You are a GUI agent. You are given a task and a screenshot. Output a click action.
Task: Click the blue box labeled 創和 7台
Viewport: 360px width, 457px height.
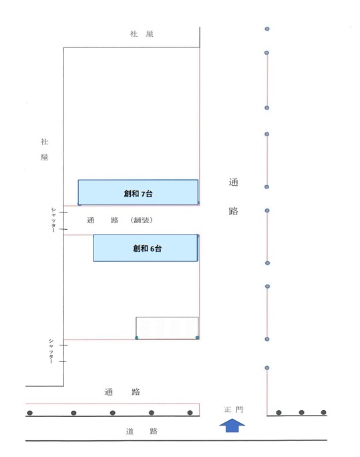(x=138, y=192)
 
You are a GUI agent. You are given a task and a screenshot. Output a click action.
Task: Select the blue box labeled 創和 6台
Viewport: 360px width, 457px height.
(x=146, y=248)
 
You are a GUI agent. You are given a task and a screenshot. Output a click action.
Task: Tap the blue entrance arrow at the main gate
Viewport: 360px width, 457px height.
(x=232, y=426)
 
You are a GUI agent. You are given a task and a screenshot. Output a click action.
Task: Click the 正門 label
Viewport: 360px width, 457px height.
(x=233, y=410)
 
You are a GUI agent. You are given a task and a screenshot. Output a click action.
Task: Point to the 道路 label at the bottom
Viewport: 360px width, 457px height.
(x=142, y=431)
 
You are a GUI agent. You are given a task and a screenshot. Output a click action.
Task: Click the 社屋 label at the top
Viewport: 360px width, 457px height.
(x=142, y=34)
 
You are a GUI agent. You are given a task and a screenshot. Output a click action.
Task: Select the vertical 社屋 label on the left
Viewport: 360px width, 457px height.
(x=44, y=150)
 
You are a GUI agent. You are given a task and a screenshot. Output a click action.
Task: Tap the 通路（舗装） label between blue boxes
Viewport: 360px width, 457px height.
(x=120, y=220)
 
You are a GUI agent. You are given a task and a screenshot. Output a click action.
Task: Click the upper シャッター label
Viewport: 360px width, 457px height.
(x=53, y=220)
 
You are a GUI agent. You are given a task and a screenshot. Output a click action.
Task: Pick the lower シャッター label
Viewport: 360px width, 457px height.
(x=51, y=351)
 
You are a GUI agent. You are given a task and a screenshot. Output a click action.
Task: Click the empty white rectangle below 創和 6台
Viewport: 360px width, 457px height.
(x=167, y=328)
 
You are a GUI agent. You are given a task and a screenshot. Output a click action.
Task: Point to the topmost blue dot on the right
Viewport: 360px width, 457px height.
(x=267, y=29)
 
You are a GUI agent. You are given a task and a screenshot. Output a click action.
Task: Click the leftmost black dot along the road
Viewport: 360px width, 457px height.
(x=29, y=413)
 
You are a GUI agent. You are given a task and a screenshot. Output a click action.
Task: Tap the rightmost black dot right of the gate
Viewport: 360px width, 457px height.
(x=323, y=412)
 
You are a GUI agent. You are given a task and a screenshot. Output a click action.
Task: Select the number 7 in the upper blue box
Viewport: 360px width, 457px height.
(x=143, y=194)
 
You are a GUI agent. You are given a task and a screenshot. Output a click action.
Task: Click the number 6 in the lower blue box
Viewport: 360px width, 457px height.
(x=152, y=249)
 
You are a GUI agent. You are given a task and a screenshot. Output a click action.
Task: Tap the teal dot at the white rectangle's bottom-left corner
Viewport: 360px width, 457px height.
(x=137, y=338)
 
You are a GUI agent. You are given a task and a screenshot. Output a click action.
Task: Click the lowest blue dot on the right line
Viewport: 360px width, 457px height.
(x=266, y=368)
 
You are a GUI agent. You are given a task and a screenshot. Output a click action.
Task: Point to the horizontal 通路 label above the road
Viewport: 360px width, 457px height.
(x=122, y=392)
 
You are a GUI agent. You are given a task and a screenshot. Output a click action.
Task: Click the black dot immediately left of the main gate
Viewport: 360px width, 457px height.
(x=190, y=413)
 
